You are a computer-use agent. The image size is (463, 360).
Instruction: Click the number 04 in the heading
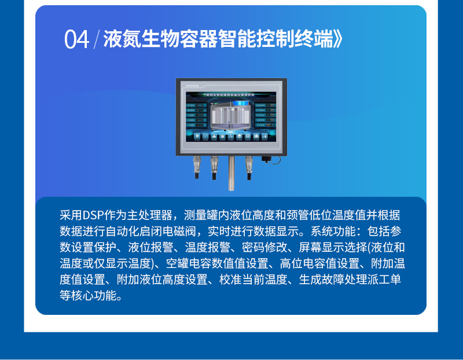pyautogui.click(x=76, y=40)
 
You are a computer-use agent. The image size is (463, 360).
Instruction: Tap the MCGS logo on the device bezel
pyautogui.click(x=193, y=85)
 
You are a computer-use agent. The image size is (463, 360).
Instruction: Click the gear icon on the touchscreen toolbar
pyautogui.click(x=248, y=137)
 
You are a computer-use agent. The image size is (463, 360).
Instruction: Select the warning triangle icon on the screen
pyautogui.click(x=214, y=137)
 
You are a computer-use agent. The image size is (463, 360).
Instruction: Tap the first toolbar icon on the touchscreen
pyautogui.click(x=197, y=137)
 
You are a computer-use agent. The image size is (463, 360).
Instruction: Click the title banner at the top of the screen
pyautogui.click(x=231, y=93)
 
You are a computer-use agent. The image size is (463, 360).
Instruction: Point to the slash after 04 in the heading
pyautogui.click(x=96, y=40)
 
